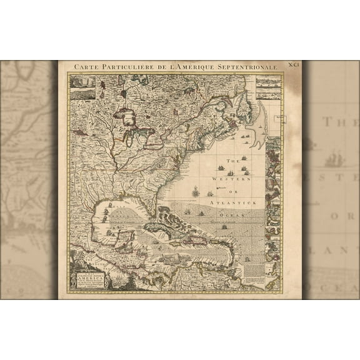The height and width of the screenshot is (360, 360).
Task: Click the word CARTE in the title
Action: (86, 66)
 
